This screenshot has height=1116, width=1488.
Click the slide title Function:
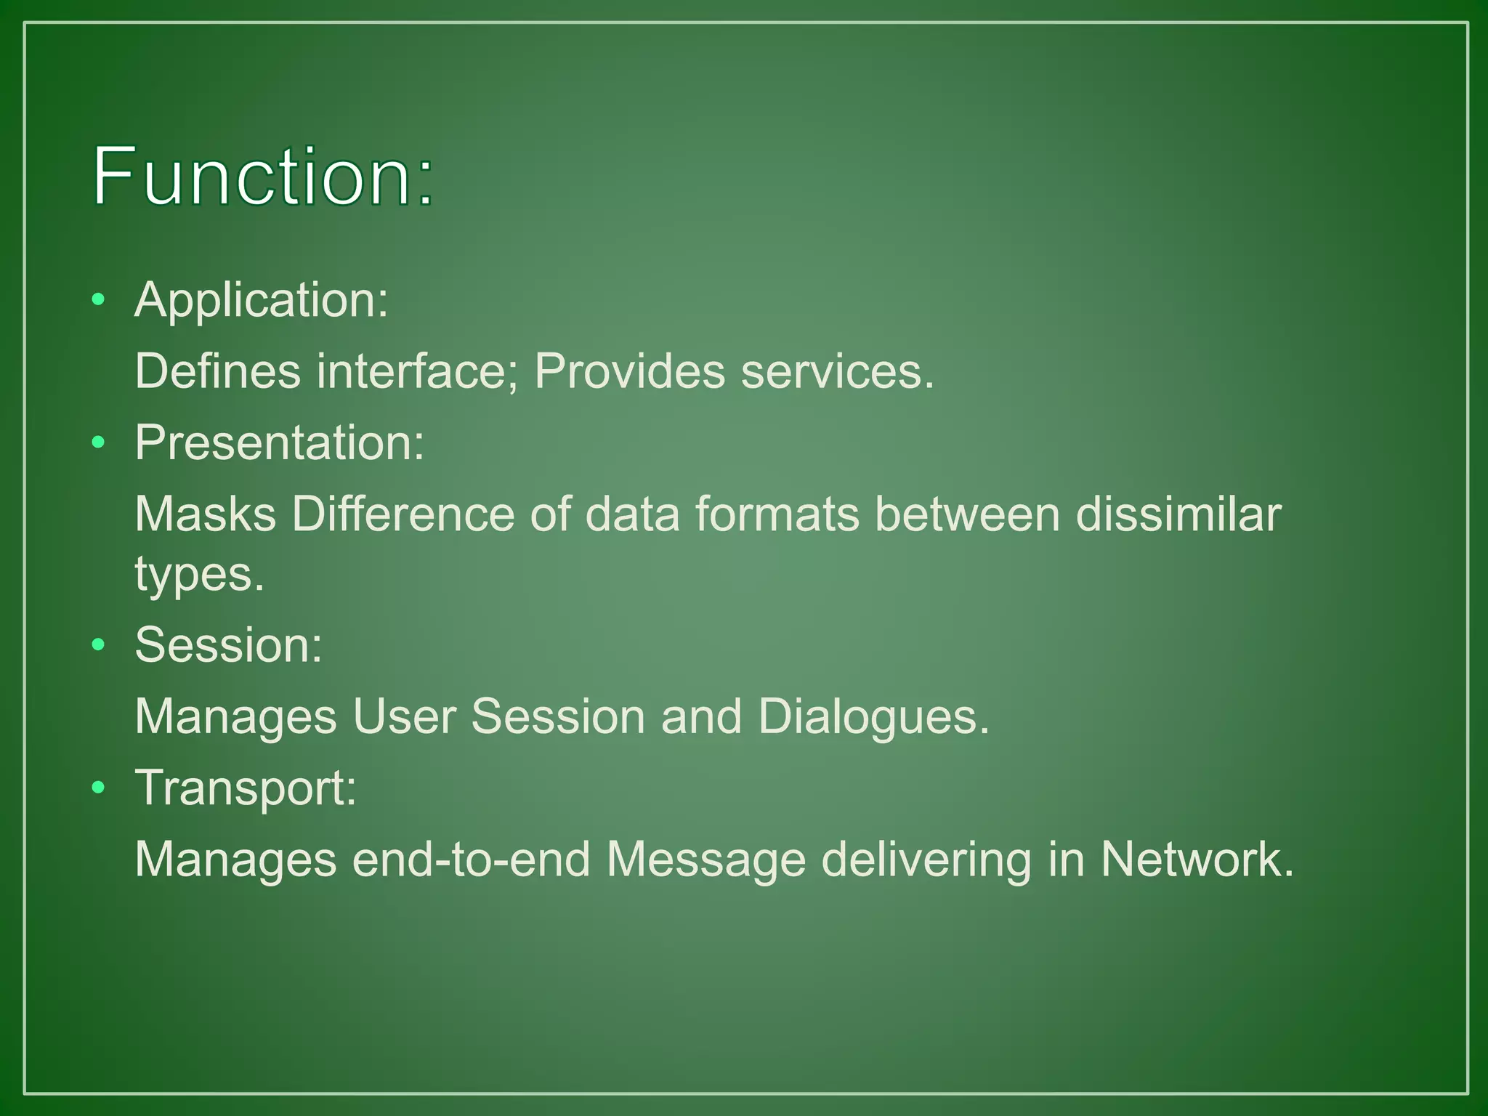click(263, 176)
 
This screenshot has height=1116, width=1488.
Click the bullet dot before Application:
click(99, 300)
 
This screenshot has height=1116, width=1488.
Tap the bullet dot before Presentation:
click(99, 442)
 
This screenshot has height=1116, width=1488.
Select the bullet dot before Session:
click(99, 645)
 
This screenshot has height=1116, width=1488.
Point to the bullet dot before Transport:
click(99, 788)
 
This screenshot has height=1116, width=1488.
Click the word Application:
click(262, 300)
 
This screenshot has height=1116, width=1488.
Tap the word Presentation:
click(280, 442)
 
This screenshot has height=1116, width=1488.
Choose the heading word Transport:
click(246, 788)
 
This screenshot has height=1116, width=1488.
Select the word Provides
click(629, 371)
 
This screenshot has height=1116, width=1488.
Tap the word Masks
click(206, 514)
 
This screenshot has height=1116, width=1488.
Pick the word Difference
click(403, 514)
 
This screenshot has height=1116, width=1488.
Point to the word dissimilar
click(1178, 514)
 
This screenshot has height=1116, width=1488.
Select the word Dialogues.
click(873, 716)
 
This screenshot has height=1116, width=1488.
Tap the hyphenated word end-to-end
click(471, 860)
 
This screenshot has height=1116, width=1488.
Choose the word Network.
click(1197, 860)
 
